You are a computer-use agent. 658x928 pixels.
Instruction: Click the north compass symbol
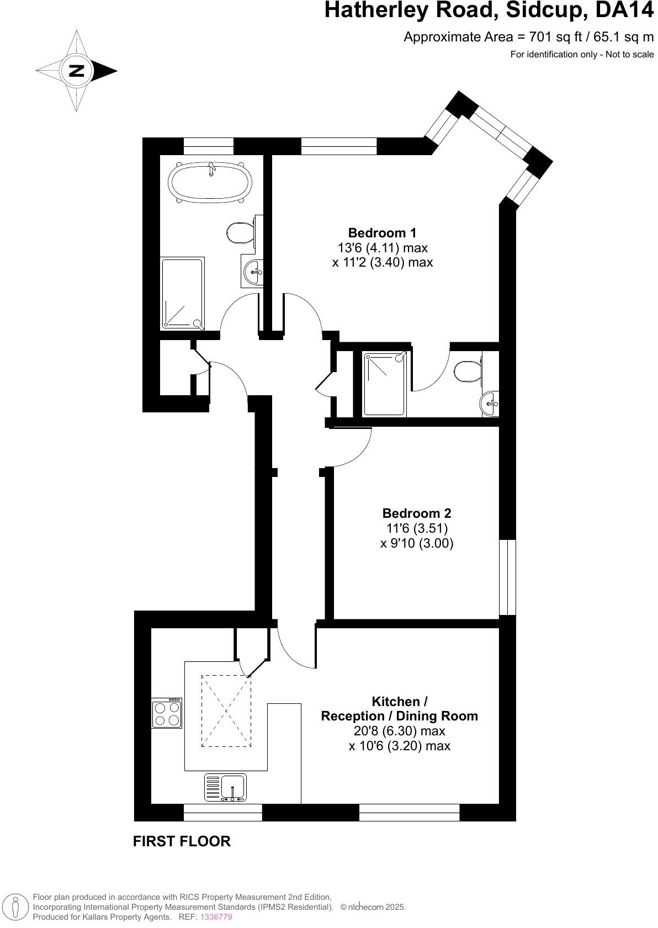point(77,71)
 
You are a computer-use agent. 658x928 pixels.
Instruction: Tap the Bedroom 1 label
point(382,233)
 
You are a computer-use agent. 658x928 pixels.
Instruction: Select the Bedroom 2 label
point(417,513)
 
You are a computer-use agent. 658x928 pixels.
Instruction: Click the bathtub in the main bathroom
point(210,182)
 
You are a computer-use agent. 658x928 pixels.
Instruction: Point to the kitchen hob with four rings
point(167,713)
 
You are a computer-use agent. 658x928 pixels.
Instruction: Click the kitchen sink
point(226,787)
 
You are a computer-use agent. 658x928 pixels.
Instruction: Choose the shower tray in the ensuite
point(386,384)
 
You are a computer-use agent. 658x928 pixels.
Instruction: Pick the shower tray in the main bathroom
point(183,294)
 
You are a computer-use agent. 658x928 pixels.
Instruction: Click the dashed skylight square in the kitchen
point(226,711)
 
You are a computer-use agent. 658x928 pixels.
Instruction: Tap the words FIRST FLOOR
point(182,841)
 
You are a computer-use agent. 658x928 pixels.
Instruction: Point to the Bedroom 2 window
point(507,577)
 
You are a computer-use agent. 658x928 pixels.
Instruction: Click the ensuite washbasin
point(490,404)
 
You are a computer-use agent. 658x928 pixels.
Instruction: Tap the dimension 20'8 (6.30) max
point(399,731)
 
